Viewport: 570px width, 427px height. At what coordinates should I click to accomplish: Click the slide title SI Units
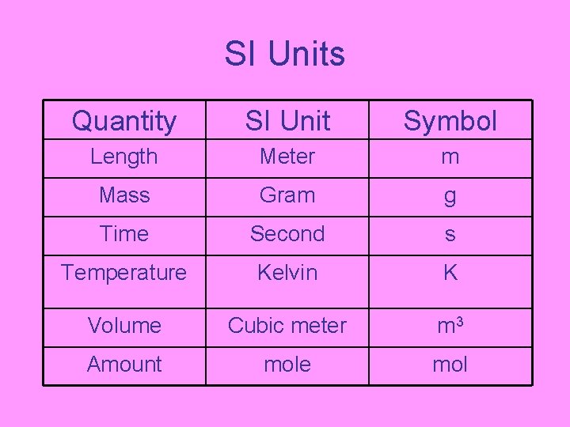[285, 55]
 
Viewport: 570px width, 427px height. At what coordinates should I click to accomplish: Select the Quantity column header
[124, 121]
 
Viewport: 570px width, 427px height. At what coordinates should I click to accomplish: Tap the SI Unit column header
[287, 121]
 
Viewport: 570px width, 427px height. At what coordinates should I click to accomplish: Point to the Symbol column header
[450, 121]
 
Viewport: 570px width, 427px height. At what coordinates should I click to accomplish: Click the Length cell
[124, 157]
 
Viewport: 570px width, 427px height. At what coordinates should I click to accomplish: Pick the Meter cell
[287, 157]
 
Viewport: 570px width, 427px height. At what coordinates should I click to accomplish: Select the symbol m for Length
[450, 157]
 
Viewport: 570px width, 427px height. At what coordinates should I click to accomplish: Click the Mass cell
[124, 195]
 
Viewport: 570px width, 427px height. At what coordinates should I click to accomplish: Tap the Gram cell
[287, 195]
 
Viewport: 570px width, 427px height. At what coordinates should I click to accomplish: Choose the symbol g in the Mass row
[450, 197]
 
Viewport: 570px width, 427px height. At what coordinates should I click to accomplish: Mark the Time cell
[124, 234]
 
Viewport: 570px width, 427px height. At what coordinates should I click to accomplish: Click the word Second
[287, 234]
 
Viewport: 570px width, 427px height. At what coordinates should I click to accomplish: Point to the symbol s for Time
[450, 235]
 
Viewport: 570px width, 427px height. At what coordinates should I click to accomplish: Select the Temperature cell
[124, 273]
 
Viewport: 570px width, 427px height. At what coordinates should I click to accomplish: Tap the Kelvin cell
[287, 273]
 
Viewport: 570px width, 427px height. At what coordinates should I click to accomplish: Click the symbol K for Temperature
[450, 273]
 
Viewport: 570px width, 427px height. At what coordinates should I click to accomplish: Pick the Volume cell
[124, 325]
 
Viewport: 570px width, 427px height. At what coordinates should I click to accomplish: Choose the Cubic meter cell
[287, 325]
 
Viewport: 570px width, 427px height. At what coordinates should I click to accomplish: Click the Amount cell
[124, 365]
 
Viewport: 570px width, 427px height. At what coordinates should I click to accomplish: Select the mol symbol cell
[450, 365]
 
